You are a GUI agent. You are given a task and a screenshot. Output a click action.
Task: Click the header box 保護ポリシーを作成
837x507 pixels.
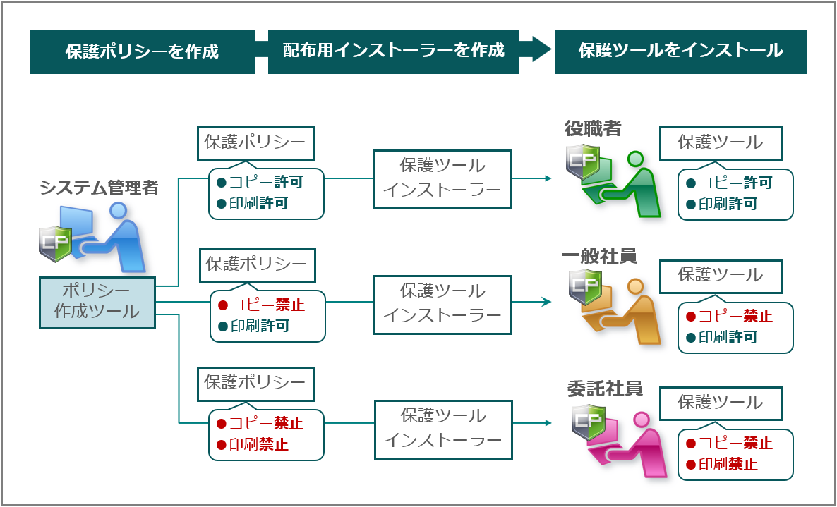142,51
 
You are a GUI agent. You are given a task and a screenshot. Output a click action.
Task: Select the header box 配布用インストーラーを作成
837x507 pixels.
393,51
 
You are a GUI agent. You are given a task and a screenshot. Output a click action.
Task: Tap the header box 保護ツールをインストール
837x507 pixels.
680,51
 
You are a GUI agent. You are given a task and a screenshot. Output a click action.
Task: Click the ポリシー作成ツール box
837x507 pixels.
97,303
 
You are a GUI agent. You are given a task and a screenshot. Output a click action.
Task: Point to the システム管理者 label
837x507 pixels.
99,188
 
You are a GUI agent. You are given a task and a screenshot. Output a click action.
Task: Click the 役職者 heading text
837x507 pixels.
593,128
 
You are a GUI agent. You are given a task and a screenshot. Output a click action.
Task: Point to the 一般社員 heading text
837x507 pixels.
599,257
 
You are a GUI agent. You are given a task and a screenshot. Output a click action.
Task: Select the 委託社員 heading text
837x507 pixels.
604,389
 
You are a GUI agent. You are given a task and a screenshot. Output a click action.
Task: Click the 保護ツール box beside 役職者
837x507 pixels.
721,143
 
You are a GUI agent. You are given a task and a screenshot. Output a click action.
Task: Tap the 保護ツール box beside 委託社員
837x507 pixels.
721,403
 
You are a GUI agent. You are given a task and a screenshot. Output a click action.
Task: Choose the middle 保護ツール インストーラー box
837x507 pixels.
442,305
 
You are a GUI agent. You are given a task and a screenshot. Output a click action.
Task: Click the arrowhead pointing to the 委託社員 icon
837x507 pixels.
548,423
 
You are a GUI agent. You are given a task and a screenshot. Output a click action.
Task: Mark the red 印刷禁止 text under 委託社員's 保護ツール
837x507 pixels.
728,465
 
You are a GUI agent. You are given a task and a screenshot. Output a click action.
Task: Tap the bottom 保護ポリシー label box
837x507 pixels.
255,382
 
